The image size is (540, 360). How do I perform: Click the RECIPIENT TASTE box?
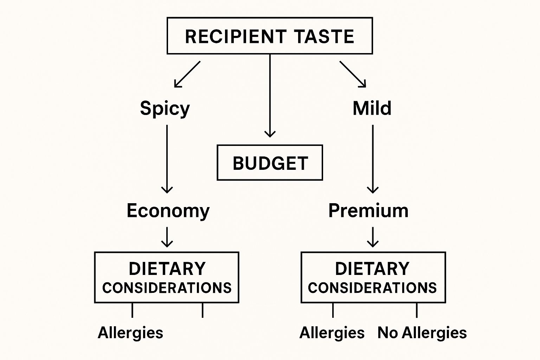(x=270, y=36)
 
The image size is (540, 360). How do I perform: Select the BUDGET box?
(x=270, y=163)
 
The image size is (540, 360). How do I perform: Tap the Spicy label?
(x=165, y=108)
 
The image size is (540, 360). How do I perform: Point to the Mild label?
(x=372, y=108)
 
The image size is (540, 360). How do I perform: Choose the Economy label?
(x=168, y=211)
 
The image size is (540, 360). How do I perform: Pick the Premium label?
(x=368, y=211)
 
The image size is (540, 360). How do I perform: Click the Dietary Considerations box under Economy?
(x=167, y=277)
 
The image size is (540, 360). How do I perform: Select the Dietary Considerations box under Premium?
(x=373, y=277)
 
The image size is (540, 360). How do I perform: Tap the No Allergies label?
(x=422, y=333)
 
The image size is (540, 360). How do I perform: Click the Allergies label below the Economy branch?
(x=130, y=333)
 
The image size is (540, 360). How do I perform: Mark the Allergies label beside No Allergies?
(x=332, y=333)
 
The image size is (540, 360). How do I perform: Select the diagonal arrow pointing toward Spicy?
(x=187, y=74)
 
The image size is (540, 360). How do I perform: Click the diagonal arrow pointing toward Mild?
(x=353, y=74)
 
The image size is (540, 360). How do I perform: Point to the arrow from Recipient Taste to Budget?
(x=270, y=95)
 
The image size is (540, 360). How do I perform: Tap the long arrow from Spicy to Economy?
(x=167, y=158)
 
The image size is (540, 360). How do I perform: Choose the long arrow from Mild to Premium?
(x=373, y=158)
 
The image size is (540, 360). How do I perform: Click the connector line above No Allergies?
(x=417, y=310)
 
